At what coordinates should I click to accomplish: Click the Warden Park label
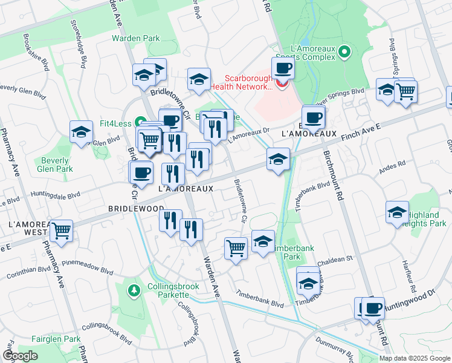(x=136, y=38)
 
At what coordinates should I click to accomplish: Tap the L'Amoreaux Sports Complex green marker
(x=345, y=52)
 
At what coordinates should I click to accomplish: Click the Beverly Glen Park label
(x=55, y=165)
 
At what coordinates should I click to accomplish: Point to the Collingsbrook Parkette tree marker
(x=133, y=291)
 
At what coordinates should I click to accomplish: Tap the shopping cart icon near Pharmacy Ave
(x=62, y=230)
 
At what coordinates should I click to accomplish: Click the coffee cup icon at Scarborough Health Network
(x=282, y=69)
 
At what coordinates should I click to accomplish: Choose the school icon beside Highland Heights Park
(x=397, y=212)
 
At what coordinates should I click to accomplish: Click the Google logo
(x=21, y=356)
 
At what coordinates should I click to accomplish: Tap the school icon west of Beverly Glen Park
(x=80, y=132)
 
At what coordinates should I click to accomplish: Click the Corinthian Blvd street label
(x=27, y=271)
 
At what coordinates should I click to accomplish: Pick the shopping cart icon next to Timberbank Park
(x=236, y=247)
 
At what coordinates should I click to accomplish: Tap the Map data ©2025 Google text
(x=415, y=358)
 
